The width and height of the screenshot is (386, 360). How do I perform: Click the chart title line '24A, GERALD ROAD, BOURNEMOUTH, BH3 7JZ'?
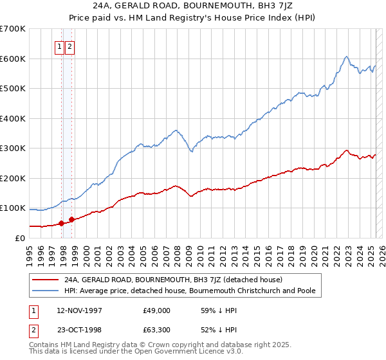coord(193,6)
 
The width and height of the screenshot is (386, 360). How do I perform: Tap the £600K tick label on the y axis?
coord(13,59)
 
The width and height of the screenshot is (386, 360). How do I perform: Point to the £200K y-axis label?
coord(13,178)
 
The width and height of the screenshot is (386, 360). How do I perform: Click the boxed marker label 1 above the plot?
coord(59,46)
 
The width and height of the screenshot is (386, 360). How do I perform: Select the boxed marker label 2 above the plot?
coord(69,46)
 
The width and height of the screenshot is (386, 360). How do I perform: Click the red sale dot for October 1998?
coord(72,219)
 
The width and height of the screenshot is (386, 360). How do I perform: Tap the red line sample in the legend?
coord(44,280)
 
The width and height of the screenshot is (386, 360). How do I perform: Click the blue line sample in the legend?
coord(44,291)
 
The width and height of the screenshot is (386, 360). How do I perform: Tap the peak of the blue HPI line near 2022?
coord(346,57)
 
